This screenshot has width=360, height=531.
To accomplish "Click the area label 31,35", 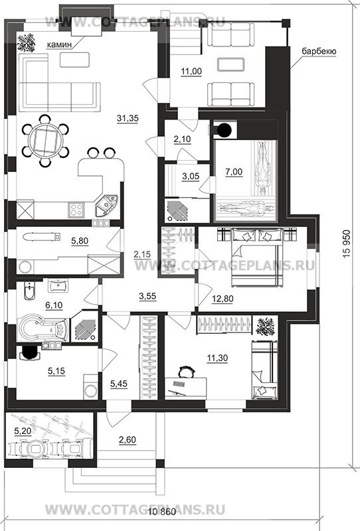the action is click(128, 118).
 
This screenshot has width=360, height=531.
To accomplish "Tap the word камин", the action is click(59, 44).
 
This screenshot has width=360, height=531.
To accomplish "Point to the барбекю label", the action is click(319, 52).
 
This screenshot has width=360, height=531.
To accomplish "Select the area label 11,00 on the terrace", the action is click(191, 72).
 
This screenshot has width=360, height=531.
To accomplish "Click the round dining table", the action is click(45, 141).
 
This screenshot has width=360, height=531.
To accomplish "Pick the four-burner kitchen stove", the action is click(76, 209).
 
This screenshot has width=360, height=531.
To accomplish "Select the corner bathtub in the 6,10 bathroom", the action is click(43, 327).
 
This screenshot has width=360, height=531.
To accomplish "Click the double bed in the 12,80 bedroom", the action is click(256, 256).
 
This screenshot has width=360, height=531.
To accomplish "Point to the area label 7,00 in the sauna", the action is click(234, 172).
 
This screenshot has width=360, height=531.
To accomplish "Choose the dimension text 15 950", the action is click(346, 244).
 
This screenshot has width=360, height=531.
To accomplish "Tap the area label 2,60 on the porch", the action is click(128, 440).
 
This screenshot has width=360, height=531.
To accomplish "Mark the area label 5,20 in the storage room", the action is click(21, 431).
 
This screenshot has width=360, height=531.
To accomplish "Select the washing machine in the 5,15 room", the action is click(91, 387).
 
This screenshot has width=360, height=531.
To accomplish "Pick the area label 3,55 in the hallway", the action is click(147, 296).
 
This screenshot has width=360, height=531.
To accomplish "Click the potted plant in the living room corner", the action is click(26, 42).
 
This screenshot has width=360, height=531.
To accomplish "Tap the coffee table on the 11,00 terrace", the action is click(231, 64).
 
